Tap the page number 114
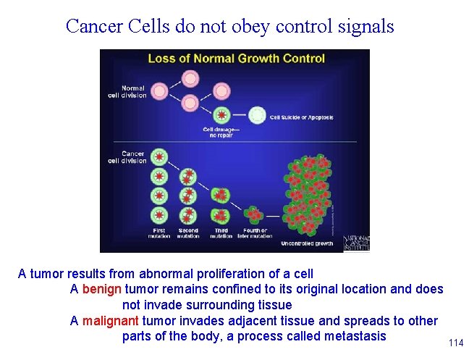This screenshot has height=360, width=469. point(456,343)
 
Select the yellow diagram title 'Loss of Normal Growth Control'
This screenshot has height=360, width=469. point(236,59)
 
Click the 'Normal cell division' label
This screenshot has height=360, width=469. point(133,92)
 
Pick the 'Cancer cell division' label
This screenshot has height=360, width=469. point(133,157)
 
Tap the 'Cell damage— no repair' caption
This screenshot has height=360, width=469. point(223,131)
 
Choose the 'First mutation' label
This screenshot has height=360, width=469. point(158,233)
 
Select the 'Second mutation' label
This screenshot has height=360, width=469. point(187,233)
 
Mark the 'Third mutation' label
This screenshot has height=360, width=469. point(221,233)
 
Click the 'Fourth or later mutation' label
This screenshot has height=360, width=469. point(255,233)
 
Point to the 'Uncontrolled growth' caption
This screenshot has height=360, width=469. point(307,243)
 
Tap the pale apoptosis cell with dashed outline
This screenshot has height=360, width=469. point(257,114)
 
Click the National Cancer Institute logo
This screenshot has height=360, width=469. point(356,243)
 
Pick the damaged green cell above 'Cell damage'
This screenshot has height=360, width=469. point(224,114)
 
